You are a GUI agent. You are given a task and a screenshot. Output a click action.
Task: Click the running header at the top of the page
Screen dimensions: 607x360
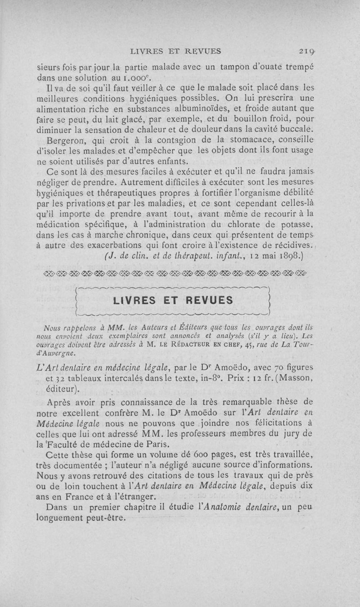[175, 51]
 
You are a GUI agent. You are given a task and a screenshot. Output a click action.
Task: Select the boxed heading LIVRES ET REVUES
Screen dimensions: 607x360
[174, 300]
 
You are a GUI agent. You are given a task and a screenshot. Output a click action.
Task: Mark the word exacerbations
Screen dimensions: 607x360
[113, 245]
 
